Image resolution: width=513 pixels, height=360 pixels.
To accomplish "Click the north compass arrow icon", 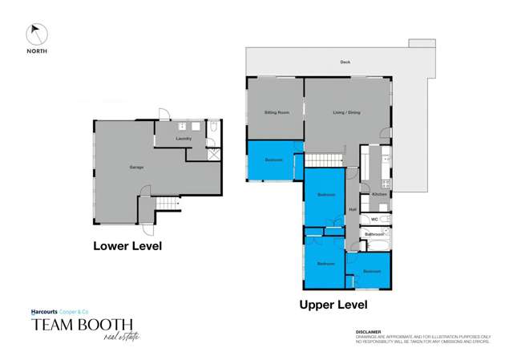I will tap(37, 34).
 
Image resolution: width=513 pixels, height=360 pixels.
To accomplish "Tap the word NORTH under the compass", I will tap(37, 51).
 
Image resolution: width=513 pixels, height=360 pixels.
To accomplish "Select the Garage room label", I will tap(137, 168).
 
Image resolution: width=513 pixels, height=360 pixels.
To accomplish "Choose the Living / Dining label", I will tap(346, 112).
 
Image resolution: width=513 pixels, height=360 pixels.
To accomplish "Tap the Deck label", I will tap(345, 62).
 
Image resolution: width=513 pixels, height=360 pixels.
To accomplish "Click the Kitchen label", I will tap(379, 194).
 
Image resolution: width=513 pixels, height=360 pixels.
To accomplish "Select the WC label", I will tap(374, 218).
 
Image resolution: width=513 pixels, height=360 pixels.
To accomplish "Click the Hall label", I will tap(352, 210).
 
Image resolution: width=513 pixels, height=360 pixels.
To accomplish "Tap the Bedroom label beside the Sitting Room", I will tap(274, 160).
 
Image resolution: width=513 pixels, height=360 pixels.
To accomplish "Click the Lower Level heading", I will tap(127, 246).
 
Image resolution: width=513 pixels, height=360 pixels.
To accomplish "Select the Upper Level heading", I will tap(333, 305).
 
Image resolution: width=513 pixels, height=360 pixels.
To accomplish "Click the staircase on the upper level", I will tap(326, 160).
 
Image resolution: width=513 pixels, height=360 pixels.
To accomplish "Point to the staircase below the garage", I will tap(168, 204).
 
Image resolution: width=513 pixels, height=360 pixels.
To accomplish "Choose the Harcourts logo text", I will tap(48, 311).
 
